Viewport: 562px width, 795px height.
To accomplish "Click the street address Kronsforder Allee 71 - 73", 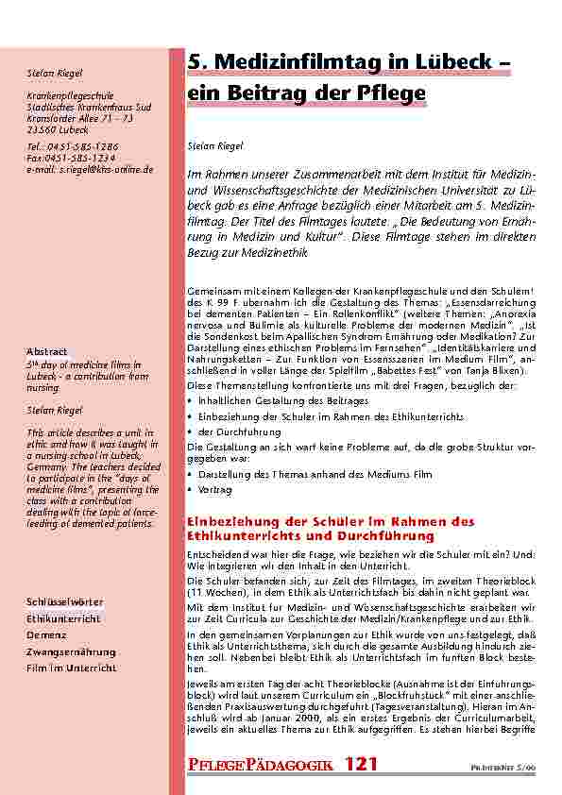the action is [79, 119].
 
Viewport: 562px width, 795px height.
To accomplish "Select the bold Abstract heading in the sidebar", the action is [46, 353].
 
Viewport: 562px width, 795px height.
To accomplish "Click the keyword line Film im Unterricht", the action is [70, 668].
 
